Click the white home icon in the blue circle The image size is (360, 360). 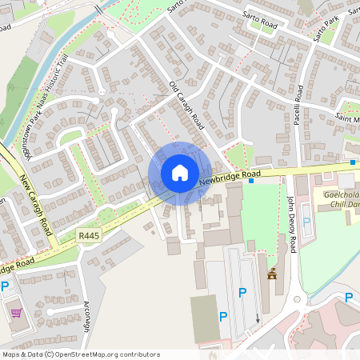(180, 173)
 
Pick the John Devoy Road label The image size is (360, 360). (292, 226)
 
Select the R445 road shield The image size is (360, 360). (89, 235)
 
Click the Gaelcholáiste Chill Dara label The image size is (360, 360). (341, 199)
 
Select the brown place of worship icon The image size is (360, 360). (272, 274)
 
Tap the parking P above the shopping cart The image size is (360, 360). (5, 286)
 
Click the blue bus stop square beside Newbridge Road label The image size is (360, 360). (251, 181)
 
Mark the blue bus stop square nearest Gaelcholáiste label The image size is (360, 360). (352, 162)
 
